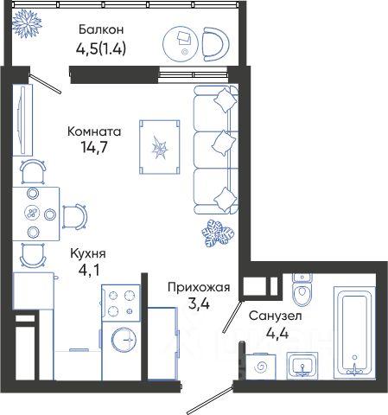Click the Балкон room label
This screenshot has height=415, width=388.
[101, 29]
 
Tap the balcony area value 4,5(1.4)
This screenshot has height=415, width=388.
[101, 49]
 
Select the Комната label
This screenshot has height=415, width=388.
[94, 131]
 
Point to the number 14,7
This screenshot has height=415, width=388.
[94, 147]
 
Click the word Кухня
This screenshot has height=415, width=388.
[88, 254]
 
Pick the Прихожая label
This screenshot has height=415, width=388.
[199, 287]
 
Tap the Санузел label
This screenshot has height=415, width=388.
[276, 316]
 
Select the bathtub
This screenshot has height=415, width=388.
[354, 332]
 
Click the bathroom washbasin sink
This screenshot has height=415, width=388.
[302, 366]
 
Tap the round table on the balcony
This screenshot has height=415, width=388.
[181, 43]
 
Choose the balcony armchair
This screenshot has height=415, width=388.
[215, 44]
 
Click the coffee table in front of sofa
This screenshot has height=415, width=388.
[160, 147]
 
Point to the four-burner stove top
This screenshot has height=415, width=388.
[121, 303]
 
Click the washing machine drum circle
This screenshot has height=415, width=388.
[124, 340]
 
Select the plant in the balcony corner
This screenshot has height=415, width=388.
[28, 23]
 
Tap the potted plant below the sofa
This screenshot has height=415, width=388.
[218, 233]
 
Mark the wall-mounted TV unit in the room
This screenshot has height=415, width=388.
[22, 120]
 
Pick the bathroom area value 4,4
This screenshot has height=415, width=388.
[277, 334]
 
